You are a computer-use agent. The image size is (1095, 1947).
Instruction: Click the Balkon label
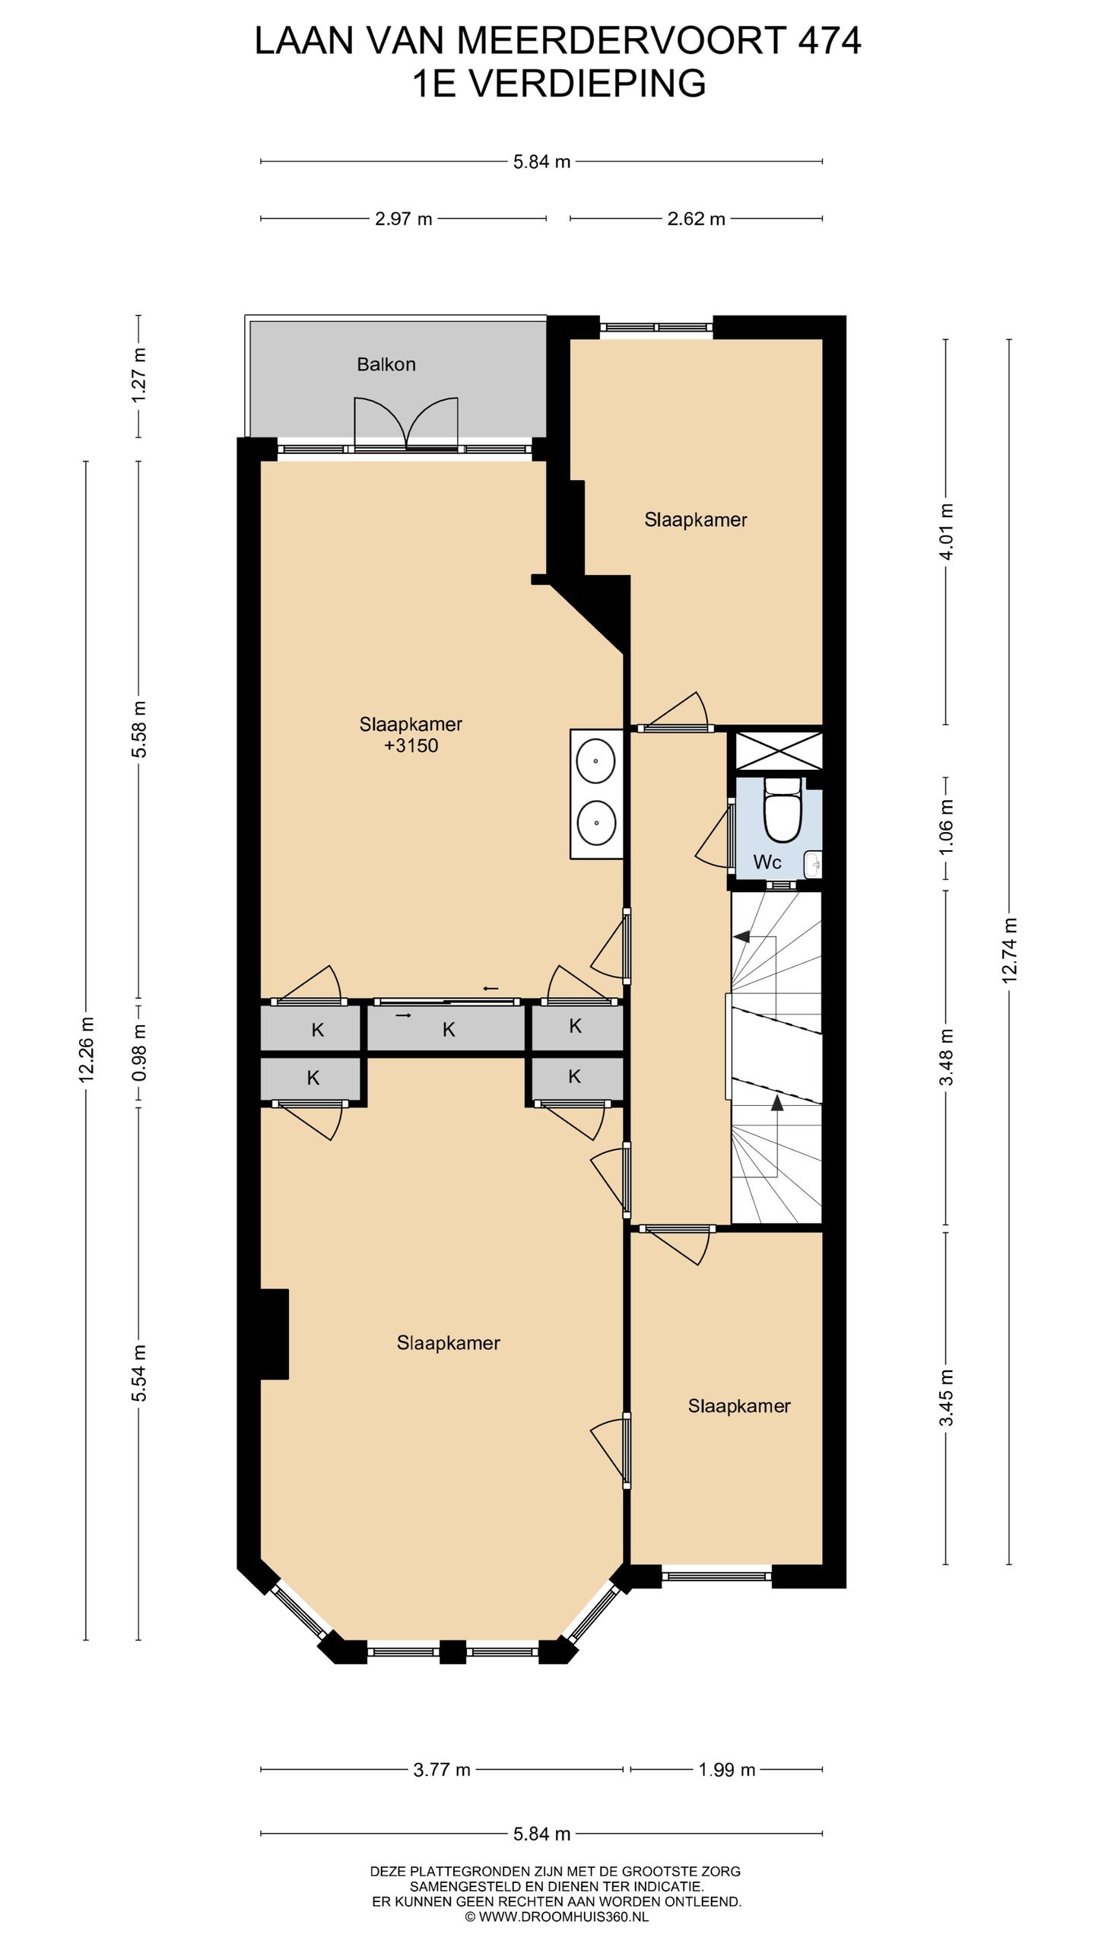[386, 364]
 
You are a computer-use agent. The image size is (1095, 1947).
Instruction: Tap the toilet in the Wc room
[782, 809]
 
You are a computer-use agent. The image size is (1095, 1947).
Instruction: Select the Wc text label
[766, 862]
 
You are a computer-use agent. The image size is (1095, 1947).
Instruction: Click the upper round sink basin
[596, 761]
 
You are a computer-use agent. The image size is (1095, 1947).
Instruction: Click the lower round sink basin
[596, 822]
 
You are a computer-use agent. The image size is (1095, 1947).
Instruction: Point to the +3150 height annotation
[411, 745]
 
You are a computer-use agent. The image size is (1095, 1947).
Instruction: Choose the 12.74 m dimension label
[1010, 951]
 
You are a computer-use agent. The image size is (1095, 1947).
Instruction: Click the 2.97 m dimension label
[404, 219]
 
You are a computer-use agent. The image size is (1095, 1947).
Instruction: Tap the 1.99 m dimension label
[727, 1770]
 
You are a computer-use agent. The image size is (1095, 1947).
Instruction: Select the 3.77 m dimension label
[442, 1770]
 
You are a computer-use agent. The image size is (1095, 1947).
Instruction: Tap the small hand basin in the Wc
[813, 863]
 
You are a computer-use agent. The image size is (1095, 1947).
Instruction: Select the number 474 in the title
[829, 40]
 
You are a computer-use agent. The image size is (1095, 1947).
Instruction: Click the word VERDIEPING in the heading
[587, 84]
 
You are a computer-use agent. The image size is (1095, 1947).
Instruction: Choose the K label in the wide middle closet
[449, 1030]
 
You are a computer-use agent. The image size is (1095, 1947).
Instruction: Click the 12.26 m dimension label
[86, 1048]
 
